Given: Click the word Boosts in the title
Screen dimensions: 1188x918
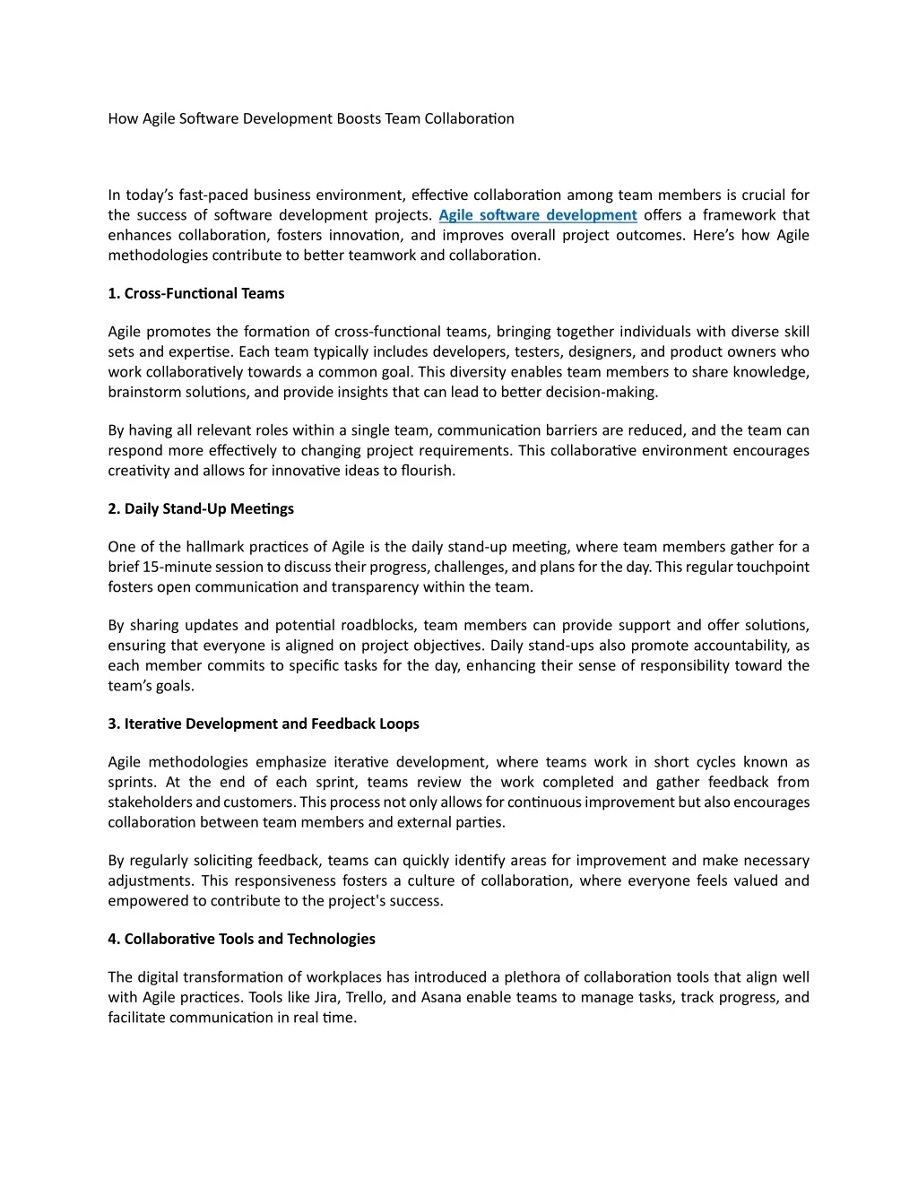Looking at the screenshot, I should pos(359,118).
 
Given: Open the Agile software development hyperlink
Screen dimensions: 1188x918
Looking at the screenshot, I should pos(538,215).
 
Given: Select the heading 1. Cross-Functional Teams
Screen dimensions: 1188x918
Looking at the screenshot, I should pos(195,293).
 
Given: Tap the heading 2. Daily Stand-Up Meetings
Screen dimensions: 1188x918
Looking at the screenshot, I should pos(201,508).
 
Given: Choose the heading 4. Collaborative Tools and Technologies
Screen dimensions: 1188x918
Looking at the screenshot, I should pos(241,939).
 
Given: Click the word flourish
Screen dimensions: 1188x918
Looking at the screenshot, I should pos(428,471).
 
